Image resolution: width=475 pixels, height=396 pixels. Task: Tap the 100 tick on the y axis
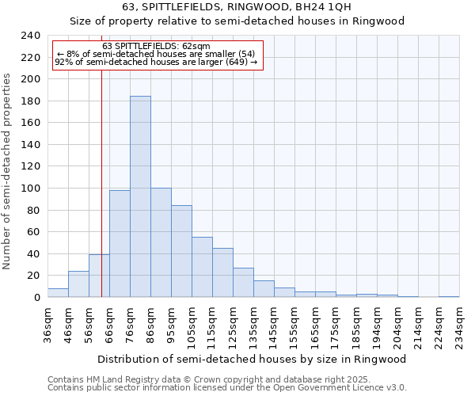30,188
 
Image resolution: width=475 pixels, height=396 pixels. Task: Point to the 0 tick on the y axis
36,298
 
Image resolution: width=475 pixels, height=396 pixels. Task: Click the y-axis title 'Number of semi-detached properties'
8,171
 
